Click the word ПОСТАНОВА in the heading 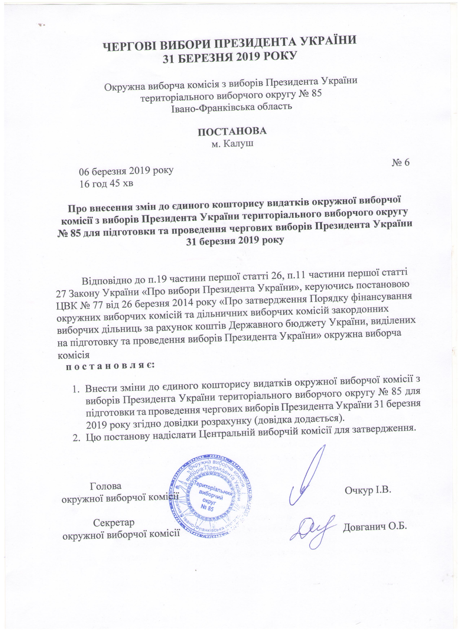point(232,131)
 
